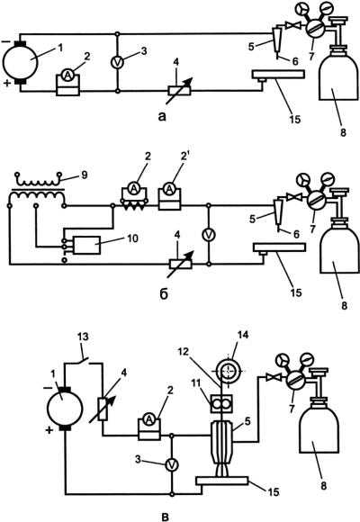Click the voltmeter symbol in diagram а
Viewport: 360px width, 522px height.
click(118, 62)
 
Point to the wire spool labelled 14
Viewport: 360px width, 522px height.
click(229, 369)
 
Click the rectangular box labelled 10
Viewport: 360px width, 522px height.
click(86, 245)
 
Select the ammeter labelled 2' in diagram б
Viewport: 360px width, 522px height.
click(169, 198)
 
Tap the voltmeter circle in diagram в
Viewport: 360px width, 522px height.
click(172, 464)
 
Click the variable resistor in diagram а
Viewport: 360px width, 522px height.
click(180, 90)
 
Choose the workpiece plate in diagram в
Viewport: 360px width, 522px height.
click(221, 481)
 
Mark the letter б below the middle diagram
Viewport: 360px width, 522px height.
click(163, 294)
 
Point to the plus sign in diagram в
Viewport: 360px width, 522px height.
click(49, 431)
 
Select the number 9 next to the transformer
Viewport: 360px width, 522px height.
click(84, 175)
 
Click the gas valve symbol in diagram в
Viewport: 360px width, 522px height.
click(275, 377)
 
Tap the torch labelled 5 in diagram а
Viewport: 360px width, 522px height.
click(277, 42)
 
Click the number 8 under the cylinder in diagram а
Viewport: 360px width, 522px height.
click(343, 132)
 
